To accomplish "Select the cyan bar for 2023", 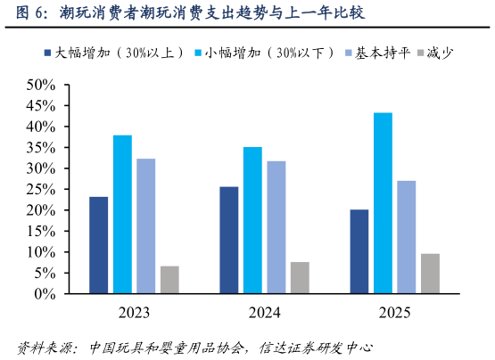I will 122,214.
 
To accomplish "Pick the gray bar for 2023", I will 169,279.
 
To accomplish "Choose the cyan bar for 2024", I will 252,219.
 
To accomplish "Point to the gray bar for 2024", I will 300,277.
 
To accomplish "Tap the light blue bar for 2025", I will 407,236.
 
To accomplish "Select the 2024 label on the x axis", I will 264,313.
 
